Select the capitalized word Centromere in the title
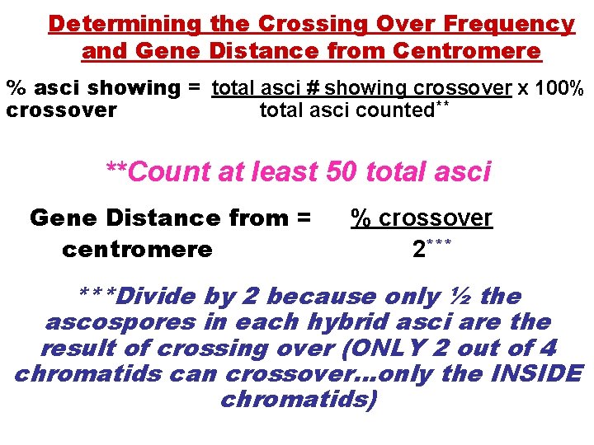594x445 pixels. point(467,52)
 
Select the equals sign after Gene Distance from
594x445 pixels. point(302,218)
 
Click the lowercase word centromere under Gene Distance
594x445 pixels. point(137,248)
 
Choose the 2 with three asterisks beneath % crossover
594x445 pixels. point(420,248)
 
